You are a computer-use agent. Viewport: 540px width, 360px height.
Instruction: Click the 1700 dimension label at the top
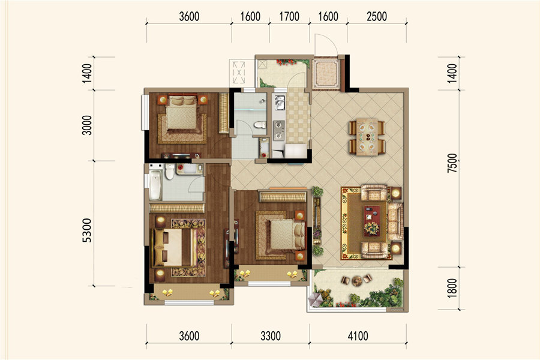tap(289, 16)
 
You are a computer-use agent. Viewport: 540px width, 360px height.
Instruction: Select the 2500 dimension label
tap(377, 16)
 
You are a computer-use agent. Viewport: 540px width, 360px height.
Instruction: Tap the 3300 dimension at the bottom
tap(271, 335)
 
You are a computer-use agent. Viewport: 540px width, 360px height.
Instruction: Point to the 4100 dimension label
tap(358, 335)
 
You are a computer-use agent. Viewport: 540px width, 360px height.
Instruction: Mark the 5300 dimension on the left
tap(87, 230)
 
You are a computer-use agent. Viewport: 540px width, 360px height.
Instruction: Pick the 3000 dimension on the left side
tap(87, 125)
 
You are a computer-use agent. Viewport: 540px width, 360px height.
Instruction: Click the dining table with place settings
tap(367, 137)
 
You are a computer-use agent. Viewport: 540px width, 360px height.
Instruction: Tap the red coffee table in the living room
tap(372, 221)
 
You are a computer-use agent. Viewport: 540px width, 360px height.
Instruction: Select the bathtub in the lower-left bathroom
tap(155, 185)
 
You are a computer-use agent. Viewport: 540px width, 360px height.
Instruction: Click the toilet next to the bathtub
tap(169, 171)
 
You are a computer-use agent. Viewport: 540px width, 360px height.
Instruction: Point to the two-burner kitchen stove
tap(279, 130)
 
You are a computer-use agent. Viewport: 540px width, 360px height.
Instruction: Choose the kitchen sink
tap(280, 103)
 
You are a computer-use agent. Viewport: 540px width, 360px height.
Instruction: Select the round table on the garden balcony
tap(357, 280)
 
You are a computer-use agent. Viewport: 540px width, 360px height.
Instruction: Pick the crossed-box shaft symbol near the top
tap(239, 73)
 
